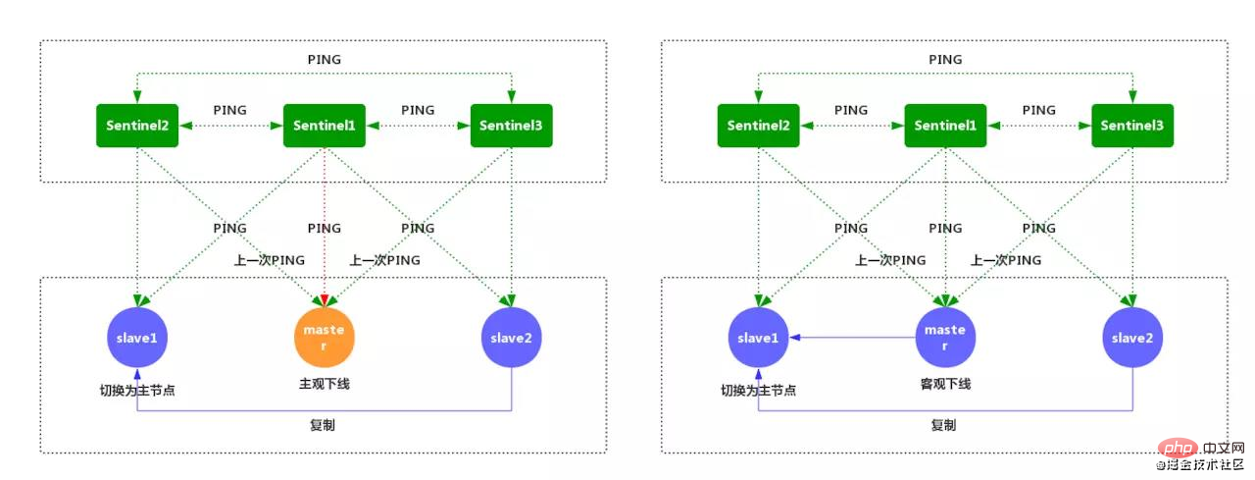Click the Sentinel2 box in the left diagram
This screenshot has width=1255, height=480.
[137, 126]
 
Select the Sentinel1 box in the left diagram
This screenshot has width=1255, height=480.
[325, 126]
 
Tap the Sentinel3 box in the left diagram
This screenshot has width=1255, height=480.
[512, 126]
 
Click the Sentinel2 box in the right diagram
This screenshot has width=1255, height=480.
[759, 126]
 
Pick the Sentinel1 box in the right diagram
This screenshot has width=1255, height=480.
[946, 126]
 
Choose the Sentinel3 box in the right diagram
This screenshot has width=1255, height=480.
[1132, 126]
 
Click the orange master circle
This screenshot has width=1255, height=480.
[325, 338]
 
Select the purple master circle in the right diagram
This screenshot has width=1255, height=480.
[946, 338]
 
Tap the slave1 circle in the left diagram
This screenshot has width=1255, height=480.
[137, 338]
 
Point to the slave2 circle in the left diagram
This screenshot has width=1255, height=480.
[512, 338]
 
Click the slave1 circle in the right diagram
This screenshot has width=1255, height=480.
[759, 338]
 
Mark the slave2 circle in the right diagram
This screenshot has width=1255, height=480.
[1132, 338]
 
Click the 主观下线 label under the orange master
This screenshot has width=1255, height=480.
[325, 384]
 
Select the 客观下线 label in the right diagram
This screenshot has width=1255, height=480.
[946, 384]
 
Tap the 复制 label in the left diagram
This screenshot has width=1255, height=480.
[323, 425]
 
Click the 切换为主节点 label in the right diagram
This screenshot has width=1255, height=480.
[759, 391]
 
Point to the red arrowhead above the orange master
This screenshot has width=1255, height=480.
[325, 301]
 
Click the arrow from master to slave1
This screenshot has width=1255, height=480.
[852, 338]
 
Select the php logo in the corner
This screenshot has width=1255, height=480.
[1178, 448]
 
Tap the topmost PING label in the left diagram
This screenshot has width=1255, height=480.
[325, 60]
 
